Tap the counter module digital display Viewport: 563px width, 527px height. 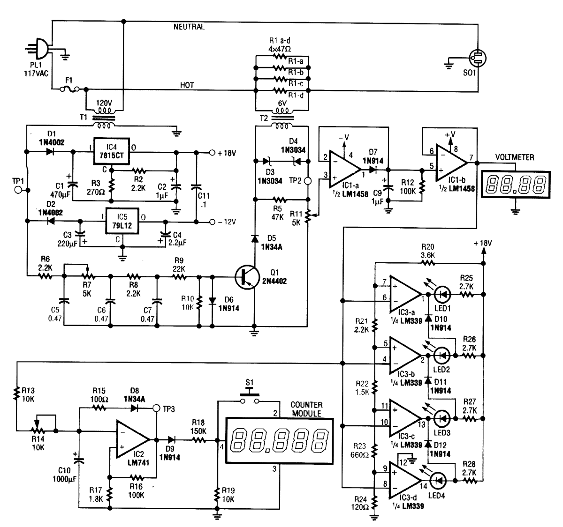click(279, 440)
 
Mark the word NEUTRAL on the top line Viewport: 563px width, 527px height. click(189, 27)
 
